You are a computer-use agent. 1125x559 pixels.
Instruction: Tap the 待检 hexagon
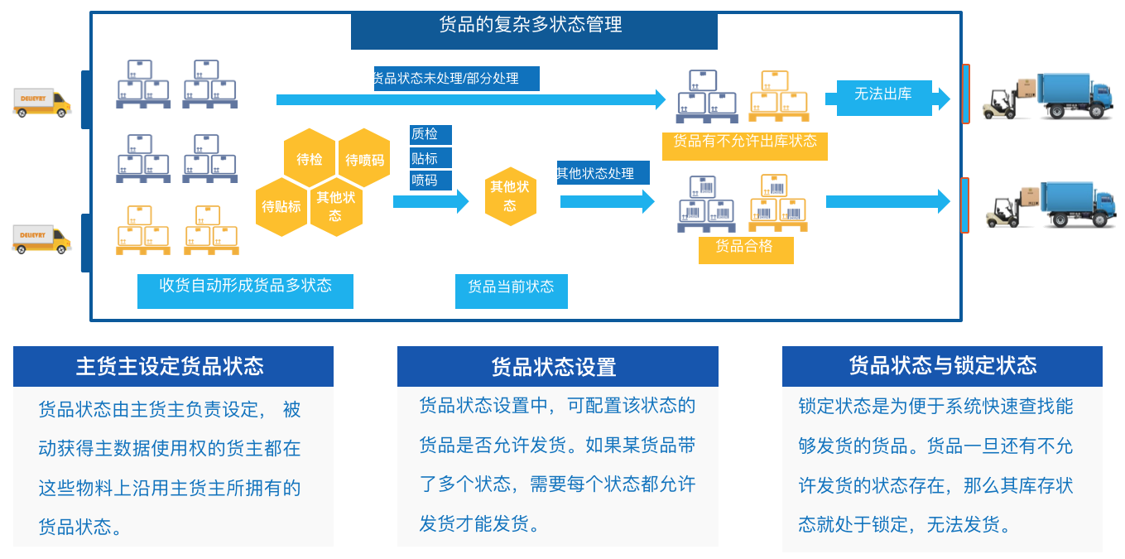(310, 158)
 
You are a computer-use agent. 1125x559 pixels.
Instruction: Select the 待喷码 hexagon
(364, 158)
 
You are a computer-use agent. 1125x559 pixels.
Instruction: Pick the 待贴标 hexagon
(281, 206)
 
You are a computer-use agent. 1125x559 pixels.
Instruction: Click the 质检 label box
(430, 134)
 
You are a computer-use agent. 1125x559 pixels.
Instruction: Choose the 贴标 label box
(430, 157)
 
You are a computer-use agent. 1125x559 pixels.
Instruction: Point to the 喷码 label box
(430, 180)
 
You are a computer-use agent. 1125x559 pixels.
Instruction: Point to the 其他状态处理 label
(603, 173)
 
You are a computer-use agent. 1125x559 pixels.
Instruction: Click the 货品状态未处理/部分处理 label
(456, 79)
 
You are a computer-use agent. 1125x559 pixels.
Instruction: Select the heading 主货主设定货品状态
(172, 366)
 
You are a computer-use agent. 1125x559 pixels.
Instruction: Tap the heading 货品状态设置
(557, 367)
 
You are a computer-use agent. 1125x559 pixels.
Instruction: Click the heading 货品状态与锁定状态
(942, 366)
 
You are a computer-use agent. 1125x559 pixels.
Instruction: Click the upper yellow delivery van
(41, 103)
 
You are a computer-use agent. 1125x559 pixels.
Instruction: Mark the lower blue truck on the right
(1072, 204)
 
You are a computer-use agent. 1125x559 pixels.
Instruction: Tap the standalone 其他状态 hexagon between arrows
(510, 196)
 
